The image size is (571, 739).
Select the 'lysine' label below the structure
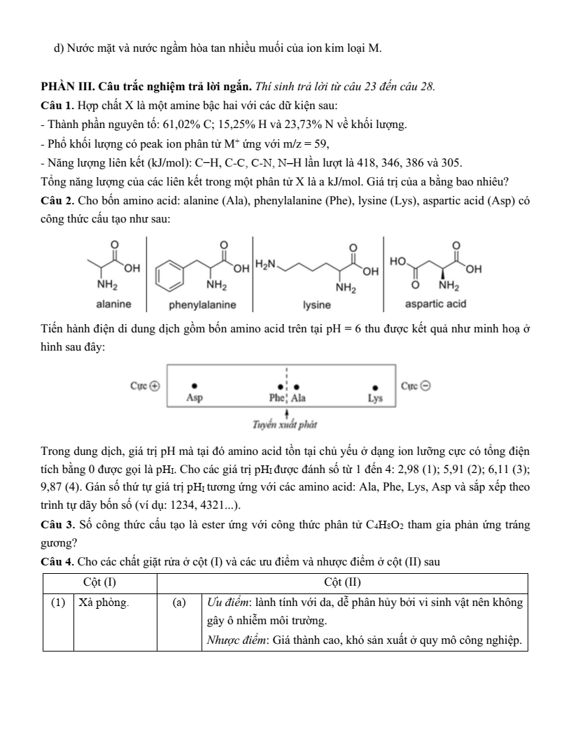(x=317, y=305)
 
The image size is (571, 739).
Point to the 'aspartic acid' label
(x=435, y=304)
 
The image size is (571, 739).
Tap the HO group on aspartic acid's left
(x=398, y=261)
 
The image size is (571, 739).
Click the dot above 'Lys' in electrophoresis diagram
(x=376, y=386)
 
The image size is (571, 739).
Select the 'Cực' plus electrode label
(x=146, y=386)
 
